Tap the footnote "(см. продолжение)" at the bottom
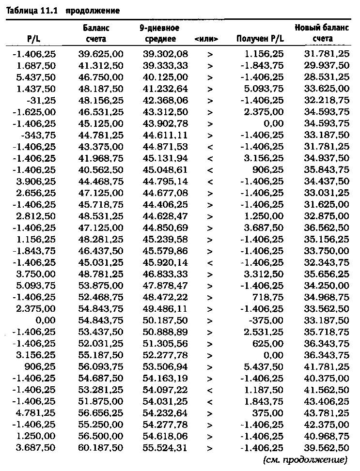click(x=306, y=459)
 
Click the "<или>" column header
click(x=208, y=39)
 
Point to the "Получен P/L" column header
click(x=260, y=39)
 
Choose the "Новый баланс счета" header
click(x=322, y=33)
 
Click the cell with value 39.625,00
click(x=101, y=54)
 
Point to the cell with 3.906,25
click(x=35, y=181)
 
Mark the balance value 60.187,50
click(x=101, y=447)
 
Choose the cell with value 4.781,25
click(x=35, y=412)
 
